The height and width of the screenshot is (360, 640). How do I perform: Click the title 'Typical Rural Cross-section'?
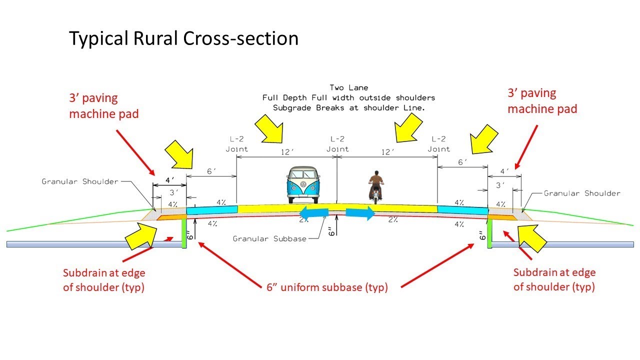(183, 38)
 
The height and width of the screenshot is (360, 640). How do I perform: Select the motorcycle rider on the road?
(375, 185)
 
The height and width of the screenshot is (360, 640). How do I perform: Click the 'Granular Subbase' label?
(269, 239)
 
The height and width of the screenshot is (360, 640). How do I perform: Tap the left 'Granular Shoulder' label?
(80, 181)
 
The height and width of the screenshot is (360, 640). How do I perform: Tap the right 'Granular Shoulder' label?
(581, 193)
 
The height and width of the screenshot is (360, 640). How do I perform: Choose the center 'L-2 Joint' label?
(337, 143)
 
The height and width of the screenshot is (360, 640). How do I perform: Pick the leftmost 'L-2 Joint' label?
(236, 143)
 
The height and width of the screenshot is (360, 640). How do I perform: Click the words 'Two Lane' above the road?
(349, 87)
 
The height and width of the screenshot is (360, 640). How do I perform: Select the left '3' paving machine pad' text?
(103, 106)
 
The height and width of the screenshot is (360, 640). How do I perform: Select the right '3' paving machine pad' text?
(542, 101)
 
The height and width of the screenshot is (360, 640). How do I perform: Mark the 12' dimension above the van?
(287, 151)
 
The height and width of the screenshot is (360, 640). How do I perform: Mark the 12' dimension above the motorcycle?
(387, 151)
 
